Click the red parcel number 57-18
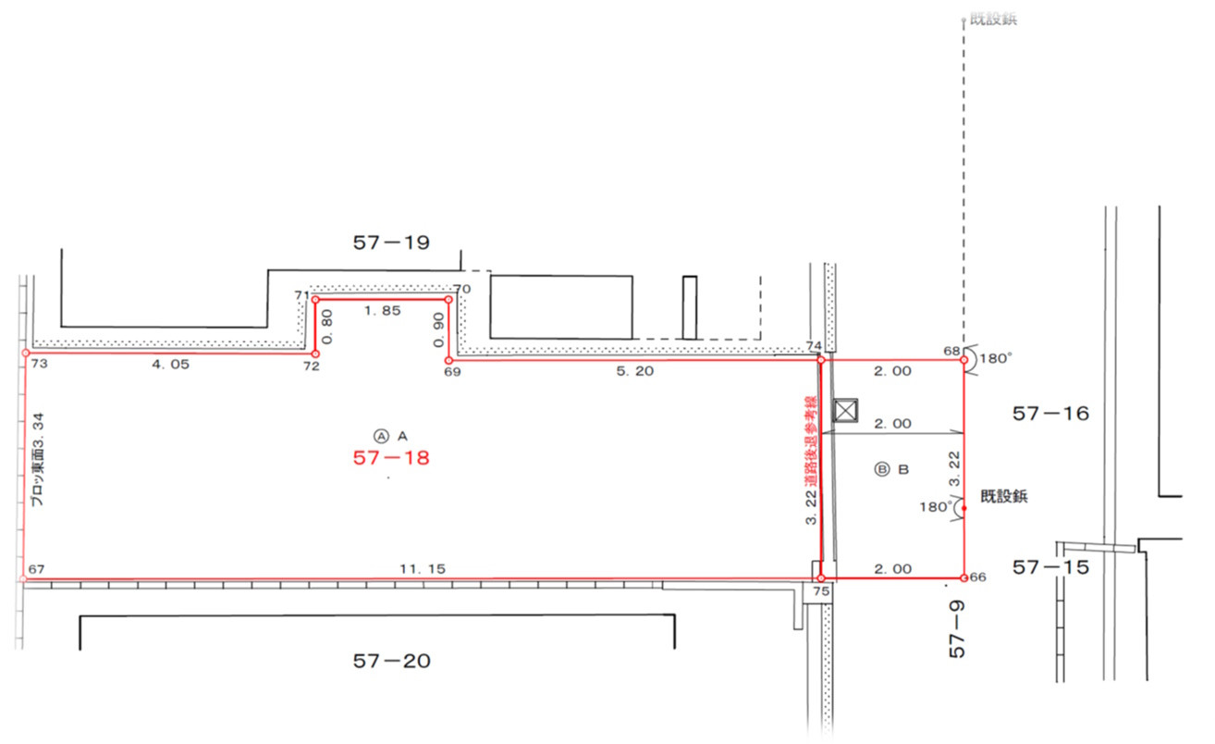[391, 458]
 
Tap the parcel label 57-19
[391, 242]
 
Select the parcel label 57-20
[392, 661]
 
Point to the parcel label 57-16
[1050, 414]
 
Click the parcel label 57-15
[1050, 567]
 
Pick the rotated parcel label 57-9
[957, 629]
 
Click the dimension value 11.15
[423, 569]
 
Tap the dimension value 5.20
[634, 371]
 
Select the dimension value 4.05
[170, 364]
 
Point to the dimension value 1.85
[383, 310]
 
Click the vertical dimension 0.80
[326, 327]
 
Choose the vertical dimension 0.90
[439, 330]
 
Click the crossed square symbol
[844, 410]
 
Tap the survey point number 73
[39, 363]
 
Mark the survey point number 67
[36, 569]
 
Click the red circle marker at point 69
[448, 360]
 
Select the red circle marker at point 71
[315, 300]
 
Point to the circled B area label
[882, 469]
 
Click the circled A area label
[381, 436]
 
